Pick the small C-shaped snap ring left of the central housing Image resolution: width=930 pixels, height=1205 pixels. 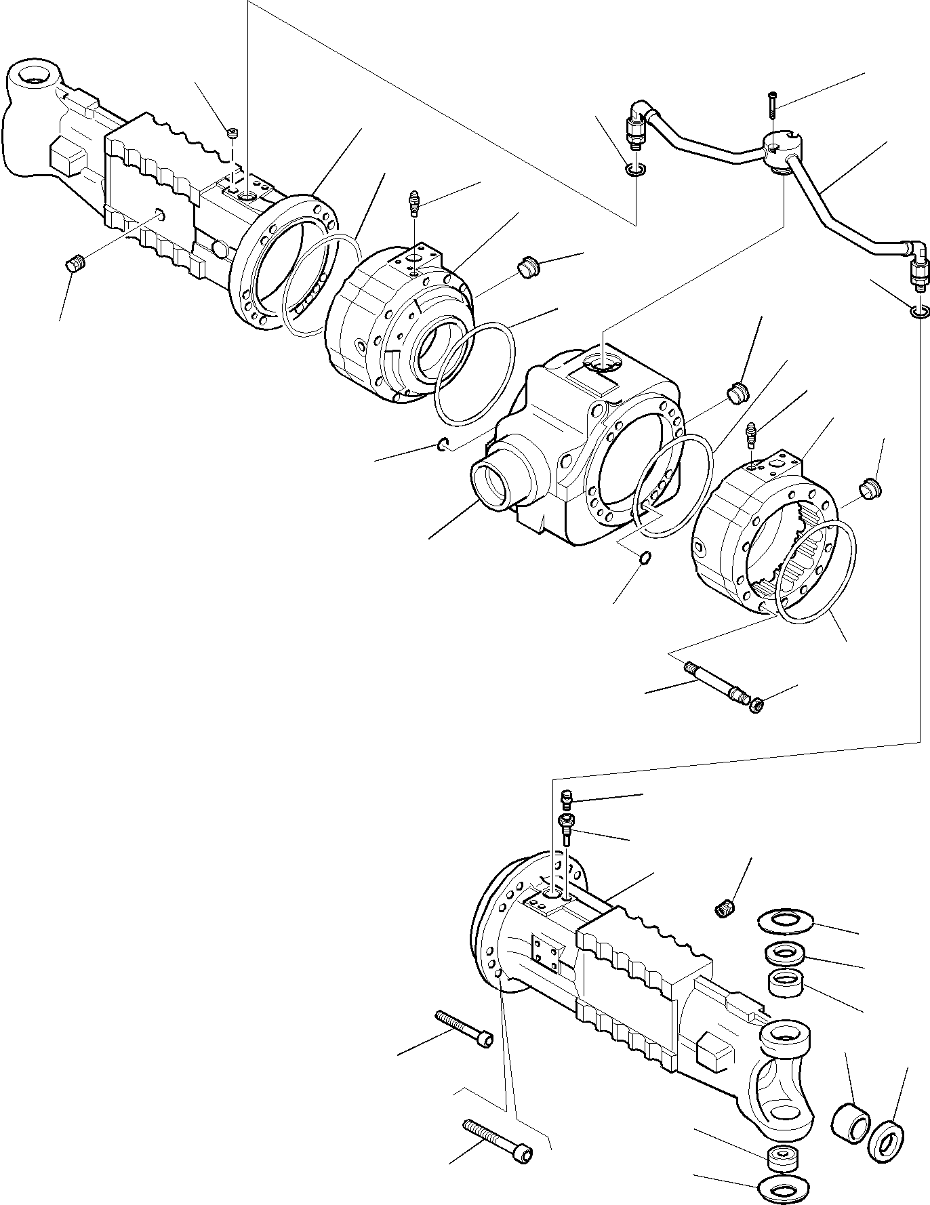pyautogui.click(x=442, y=445)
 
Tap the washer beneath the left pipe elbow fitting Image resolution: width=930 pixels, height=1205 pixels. pyautogui.click(x=636, y=169)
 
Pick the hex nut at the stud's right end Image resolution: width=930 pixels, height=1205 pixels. pyautogui.click(x=758, y=706)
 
